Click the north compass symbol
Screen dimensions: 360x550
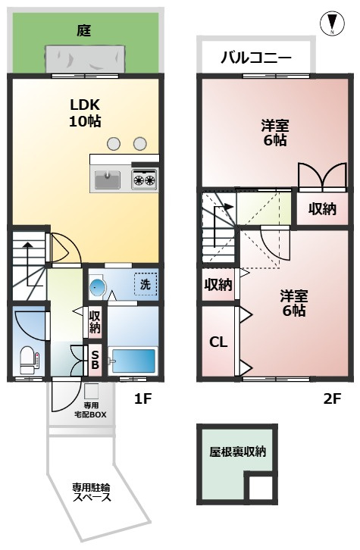coord(332,23)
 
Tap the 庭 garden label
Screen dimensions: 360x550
coord(84,31)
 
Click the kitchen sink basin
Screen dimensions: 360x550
coord(108,180)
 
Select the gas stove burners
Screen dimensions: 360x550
coord(144,180)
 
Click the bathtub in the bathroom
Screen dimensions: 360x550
coord(133,361)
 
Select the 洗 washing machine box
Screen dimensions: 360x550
coord(146,284)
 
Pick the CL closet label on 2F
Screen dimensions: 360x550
coord(218,342)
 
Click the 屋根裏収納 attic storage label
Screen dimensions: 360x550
coord(237,452)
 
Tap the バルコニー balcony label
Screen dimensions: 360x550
coord(256,58)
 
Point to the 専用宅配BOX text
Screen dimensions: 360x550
coord(90,410)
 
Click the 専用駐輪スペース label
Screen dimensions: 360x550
coord(91,492)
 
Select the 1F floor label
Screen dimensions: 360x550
coord(142,398)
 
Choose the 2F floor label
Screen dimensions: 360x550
coord(332,398)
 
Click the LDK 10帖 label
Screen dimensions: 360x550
coord(85,113)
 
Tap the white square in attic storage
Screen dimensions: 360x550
coord(260,488)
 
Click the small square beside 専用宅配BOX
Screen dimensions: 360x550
coord(91,391)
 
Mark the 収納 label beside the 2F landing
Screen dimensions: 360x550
coord(322,209)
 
